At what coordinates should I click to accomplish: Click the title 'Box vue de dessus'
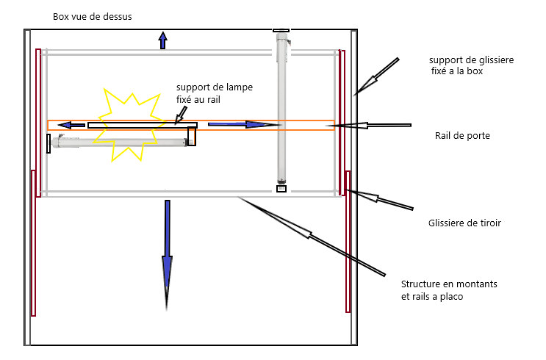(93, 17)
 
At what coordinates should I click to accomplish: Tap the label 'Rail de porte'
(462, 136)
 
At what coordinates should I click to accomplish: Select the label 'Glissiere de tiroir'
(464, 223)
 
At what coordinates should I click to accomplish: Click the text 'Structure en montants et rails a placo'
(449, 290)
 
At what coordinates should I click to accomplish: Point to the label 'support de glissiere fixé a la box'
(472, 65)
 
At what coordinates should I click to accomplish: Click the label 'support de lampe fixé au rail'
(215, 93)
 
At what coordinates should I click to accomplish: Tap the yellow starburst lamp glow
(129, 126)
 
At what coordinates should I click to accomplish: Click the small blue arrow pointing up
(162, 40)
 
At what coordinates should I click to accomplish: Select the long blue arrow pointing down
(167, 255)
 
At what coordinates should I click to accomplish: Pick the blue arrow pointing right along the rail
(245, 124)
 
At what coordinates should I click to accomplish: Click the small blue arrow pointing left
(71, 125)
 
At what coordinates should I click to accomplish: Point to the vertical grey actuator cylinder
(281, 108)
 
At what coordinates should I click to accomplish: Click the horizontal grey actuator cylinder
(120, 142)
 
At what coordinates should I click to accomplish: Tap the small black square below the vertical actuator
(281, 189)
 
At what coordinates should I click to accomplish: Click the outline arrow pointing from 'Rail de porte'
(368, 125)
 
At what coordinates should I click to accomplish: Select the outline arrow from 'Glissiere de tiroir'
(379, 199)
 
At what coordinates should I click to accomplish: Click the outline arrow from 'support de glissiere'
(376, 77)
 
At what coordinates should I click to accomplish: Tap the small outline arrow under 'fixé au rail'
(181, 115)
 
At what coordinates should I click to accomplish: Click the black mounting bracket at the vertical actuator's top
(281, 31)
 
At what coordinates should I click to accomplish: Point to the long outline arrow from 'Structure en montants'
(312, 237)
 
